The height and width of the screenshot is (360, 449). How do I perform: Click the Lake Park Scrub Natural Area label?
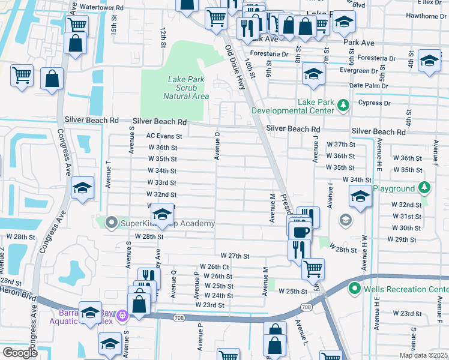click(185, 88)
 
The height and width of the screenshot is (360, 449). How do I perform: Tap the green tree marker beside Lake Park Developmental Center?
click(343, 106)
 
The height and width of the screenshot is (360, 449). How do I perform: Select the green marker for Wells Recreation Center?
click(355, 289)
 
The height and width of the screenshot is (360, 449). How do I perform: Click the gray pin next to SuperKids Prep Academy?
click(111, 223)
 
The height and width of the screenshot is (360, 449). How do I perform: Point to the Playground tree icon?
click(424, 188)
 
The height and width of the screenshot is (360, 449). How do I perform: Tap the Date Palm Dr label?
click(369, 86)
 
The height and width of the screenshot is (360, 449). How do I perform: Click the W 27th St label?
click(235, 256)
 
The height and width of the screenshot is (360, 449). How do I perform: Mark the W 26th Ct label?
click(214, 266)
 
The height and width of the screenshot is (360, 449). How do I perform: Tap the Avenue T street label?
click(109, 175)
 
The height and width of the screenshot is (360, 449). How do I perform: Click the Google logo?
click(20, 353)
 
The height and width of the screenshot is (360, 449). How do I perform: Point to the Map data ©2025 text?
click(423, 355)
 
